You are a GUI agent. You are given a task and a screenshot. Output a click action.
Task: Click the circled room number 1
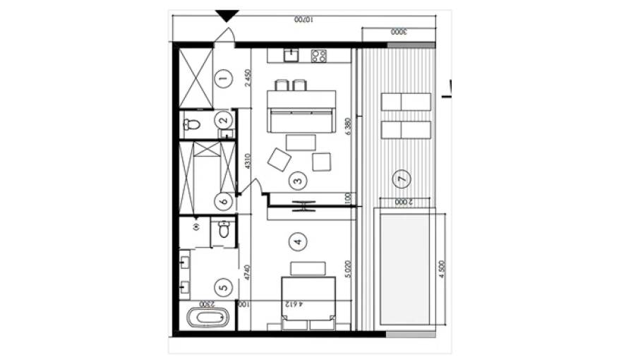[224, 79]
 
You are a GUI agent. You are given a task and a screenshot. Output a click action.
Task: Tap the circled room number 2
[224, 120]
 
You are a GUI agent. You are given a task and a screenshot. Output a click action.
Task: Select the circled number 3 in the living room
[298, 181]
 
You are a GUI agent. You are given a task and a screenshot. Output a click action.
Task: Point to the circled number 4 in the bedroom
[298, 241]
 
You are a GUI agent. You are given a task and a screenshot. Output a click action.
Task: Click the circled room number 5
[224, 287]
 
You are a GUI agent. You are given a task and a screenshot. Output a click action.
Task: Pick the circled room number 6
[224, 201]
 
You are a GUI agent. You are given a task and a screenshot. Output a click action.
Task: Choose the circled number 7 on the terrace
[402, 179]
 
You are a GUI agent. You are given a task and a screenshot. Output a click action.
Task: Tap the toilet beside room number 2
[191, 125]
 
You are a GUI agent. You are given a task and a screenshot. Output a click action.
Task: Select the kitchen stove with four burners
[318, 54]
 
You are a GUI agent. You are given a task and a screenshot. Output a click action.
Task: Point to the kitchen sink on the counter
[290, 54]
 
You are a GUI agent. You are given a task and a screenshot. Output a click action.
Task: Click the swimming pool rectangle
[405, 267]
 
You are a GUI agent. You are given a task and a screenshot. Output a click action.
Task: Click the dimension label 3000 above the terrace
[397, 32]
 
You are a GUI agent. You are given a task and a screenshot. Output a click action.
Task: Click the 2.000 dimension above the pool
[404, 203]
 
